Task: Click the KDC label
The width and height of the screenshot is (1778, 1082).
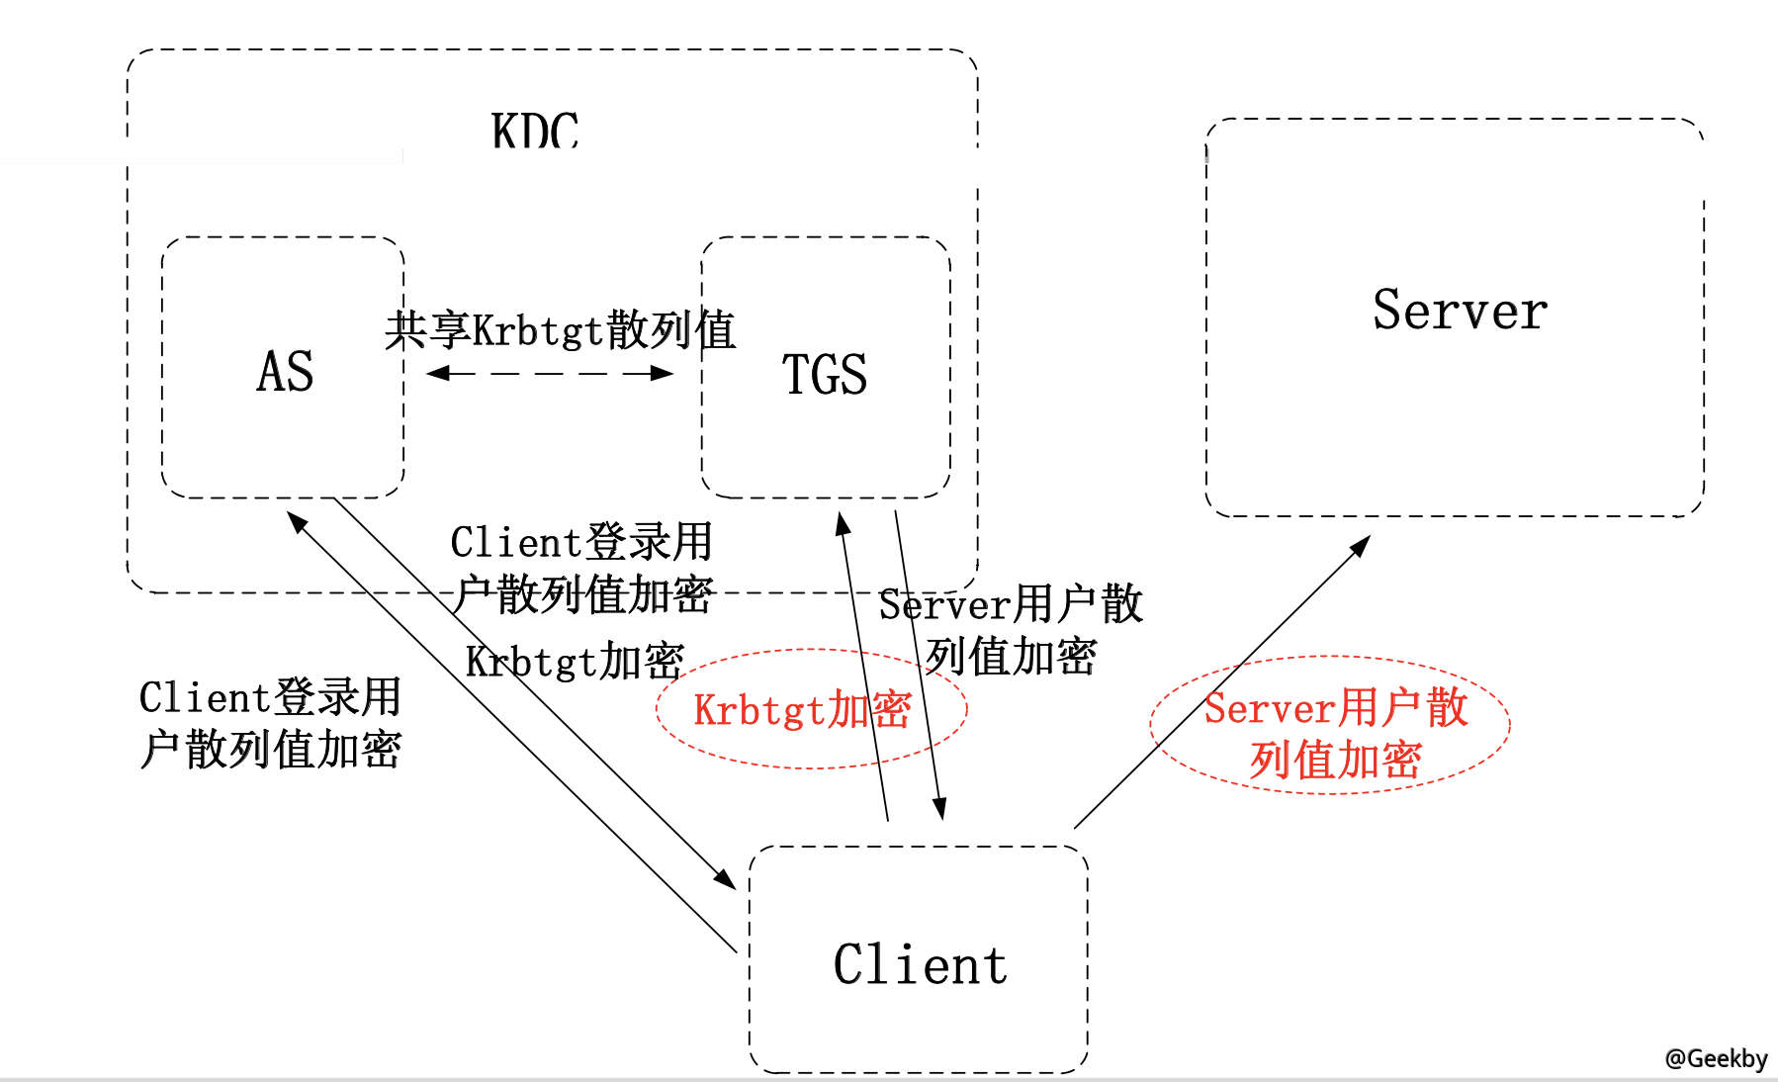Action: click(535, 131)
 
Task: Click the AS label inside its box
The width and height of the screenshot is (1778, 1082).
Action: click(285, 372)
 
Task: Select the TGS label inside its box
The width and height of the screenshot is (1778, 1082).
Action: click(825, 375)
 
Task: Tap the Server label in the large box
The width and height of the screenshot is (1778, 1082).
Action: click(1460, 311)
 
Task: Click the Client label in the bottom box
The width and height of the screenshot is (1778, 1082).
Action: click(920, 965)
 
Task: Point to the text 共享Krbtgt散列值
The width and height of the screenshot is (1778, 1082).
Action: click(560, 330)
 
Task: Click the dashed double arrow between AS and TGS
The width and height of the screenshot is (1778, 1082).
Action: click(550, 374)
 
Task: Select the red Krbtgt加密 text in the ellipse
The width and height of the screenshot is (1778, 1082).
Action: click(802, 710)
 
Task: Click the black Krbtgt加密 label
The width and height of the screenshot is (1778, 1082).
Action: click(575, 662)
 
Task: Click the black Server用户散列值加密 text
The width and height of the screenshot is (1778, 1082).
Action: click(1011, 630)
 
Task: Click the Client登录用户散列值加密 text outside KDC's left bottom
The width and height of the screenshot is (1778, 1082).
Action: click(270, 723)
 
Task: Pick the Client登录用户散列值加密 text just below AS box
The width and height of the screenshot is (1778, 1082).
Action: click(581, 569)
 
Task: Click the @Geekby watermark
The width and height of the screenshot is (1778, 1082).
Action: click(1716, 1058)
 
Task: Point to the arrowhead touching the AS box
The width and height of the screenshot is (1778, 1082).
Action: click(297, 521)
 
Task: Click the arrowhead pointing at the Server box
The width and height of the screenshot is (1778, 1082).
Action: click(1361, 545)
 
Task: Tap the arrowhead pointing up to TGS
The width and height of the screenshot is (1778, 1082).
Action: click(843, 523)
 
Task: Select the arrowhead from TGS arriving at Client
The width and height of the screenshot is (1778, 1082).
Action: click(939, 809)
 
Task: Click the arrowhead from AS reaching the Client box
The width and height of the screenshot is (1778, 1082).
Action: click(725, 878)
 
